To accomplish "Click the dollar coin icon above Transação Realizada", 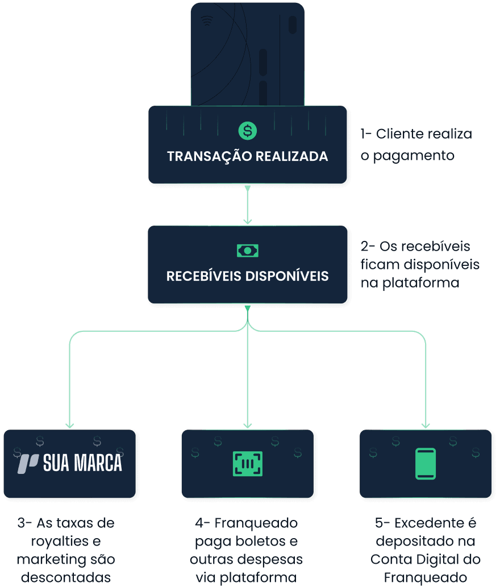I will (x=247, y=131).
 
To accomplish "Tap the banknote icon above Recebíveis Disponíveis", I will (x=247, y=250).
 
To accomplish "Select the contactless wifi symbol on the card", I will (x=207, y=22).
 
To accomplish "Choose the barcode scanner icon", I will (x=247, y=464).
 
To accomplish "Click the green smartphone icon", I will (x=426, y=464).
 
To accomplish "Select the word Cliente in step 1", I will (x=403, y=134).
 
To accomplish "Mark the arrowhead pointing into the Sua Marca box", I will (x=70, y=425).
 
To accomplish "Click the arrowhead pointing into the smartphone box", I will (x=426, y=425).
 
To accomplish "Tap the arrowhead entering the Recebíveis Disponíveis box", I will (x=247, y=221).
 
